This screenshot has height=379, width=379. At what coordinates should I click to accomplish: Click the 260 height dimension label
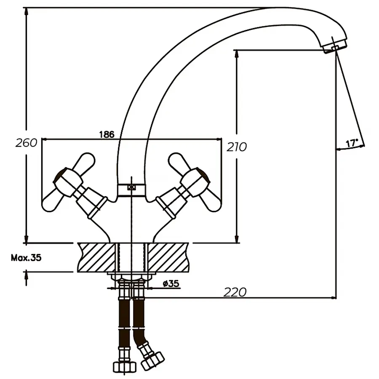[x=26, y=143]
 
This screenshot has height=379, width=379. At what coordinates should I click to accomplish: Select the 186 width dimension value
[x=107, y=135]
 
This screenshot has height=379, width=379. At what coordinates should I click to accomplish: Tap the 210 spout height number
[x=237, y=147]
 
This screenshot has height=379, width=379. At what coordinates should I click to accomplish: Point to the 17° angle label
[x=352, y=143]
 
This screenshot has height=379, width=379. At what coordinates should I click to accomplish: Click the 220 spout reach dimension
[x=235, y=292]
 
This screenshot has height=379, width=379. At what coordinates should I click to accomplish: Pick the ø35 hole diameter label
[x=171, y=284]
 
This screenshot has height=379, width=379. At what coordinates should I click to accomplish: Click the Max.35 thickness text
[x=26, y=258]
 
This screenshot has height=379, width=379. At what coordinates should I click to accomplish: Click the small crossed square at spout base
[x=132, y=188]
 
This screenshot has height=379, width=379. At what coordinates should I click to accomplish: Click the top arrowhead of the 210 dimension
[x=236, y=54]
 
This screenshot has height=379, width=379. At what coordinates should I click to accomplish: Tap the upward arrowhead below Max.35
[x=27, y=275]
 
